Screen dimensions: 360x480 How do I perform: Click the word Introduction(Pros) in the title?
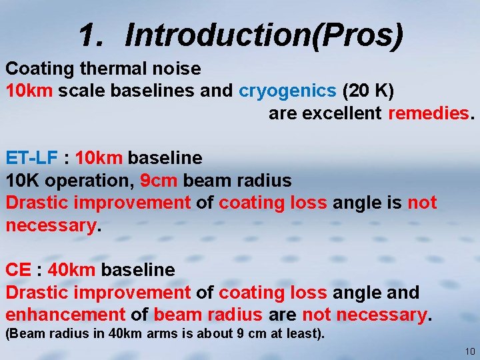coord(264,35)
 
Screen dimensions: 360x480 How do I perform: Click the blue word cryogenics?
coord(287,91)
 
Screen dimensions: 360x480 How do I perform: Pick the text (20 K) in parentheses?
coord(367,91)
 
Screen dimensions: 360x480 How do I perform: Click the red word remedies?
coord(428,113)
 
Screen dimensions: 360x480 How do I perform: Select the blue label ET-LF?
coord(33,158)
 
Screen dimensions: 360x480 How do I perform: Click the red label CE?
coord(18,270)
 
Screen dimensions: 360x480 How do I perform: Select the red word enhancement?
coord(65,315)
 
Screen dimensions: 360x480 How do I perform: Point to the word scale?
coord(77,91)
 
